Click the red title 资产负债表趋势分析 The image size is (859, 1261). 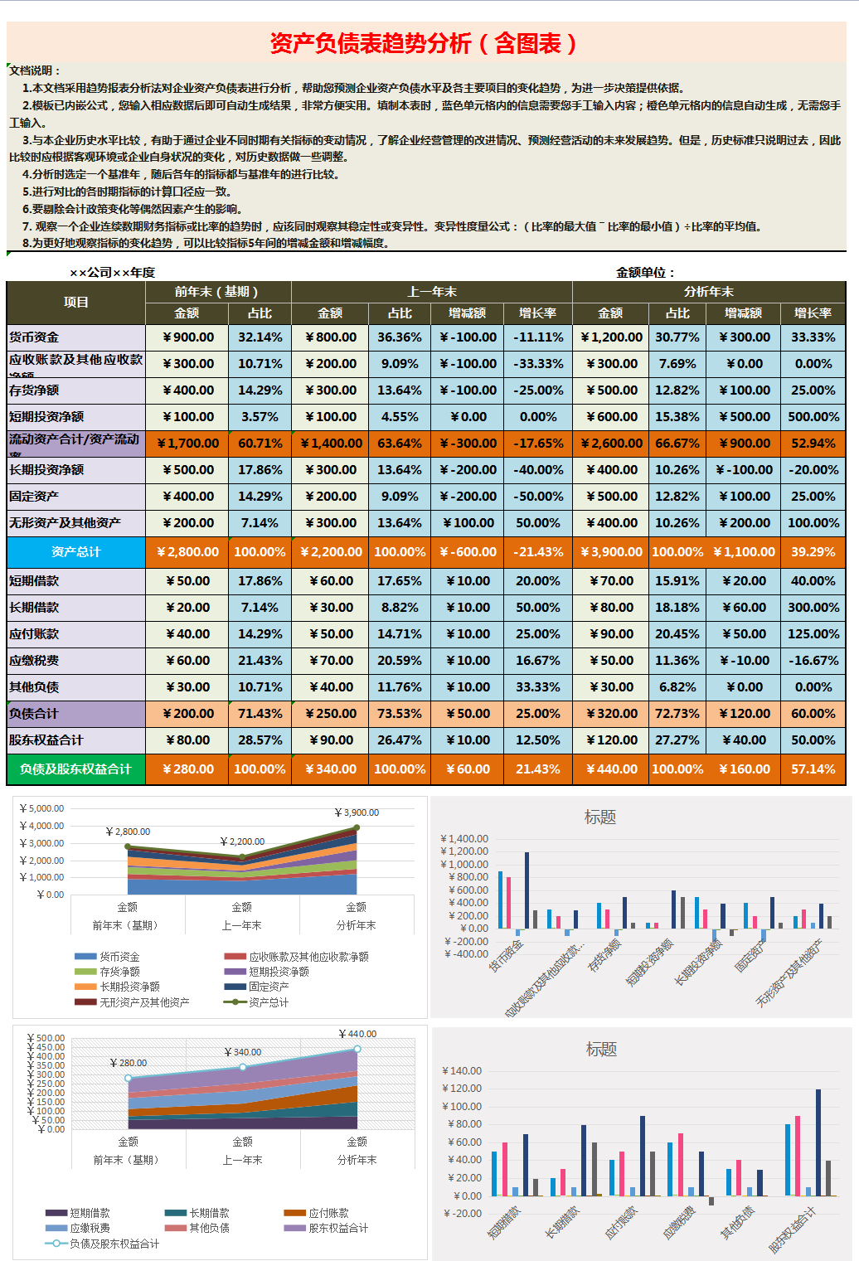[x=424, y=43]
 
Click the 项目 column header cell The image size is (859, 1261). [x=76, y=303]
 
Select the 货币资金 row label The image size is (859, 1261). [x=34, y=337]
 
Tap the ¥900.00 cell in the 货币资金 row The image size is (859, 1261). [x=188, y=337]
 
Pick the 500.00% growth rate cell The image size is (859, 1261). [x=813, y=417]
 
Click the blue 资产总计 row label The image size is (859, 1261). [x=76, y=552]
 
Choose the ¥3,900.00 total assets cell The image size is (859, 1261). [x=611, y=552]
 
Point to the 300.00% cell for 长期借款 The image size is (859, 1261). [x=813, y=608]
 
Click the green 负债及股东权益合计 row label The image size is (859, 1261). [x=76, y=769]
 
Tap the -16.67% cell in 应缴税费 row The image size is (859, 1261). [x=813, y=661]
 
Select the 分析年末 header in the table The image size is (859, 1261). [x=708, y=292]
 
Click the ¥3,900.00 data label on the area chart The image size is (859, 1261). [x=357, y=812]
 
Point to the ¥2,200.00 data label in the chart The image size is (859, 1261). [x=243, y=841]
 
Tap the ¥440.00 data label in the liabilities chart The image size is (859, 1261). [x=358, y=1034]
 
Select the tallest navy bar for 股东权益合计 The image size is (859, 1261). [x=818, y=1142]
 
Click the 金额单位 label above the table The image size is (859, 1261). [x=645, y=273]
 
